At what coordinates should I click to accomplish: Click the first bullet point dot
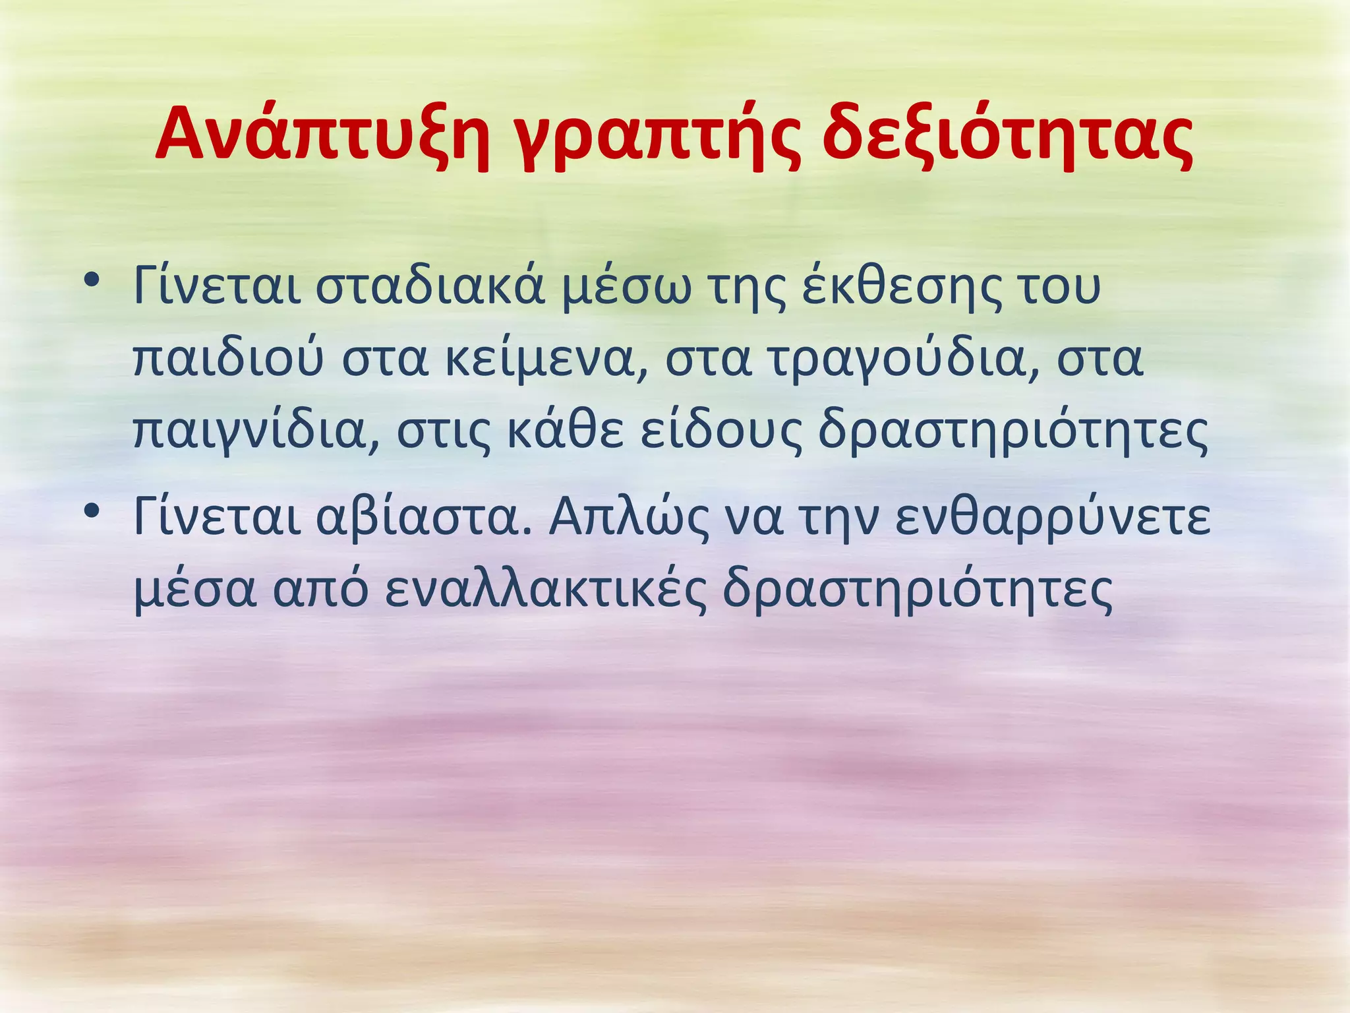(92, 280)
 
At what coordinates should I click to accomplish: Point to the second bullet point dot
(92, 510)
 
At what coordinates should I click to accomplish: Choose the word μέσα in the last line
(194, 589)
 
